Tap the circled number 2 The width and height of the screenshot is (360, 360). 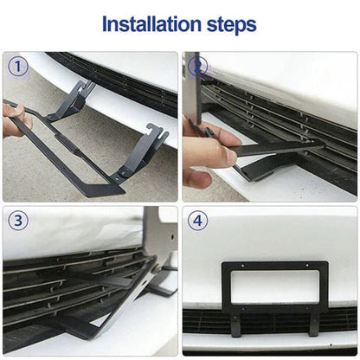point(197,67)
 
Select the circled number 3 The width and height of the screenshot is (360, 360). point(18,221)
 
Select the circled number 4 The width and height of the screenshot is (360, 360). point(198,221)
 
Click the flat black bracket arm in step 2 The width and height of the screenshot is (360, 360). point(268,149)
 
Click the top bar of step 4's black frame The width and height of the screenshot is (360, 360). point(275,267)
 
